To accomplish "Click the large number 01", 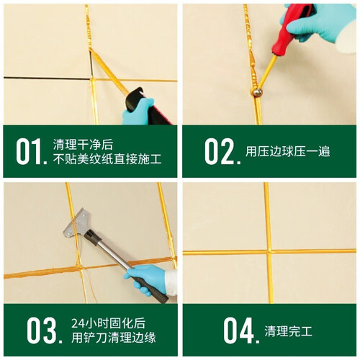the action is (32, 151).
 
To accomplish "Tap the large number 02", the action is (222, 151).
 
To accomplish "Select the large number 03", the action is (45, 330).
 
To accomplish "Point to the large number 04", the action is (241, 330).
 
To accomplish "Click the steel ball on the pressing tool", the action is (256, 92).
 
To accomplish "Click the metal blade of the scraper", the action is (76, 223).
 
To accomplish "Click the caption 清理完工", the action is (288, 331).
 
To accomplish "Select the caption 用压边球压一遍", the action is (287, 151).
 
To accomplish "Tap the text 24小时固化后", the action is (108, 323).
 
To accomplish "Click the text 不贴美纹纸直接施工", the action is (107, 158).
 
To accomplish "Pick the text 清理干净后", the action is (83, 144).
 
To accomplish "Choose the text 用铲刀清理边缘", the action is (114, 338).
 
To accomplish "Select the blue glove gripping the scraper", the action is (147, 279).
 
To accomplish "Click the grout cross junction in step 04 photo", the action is (269, 252).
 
